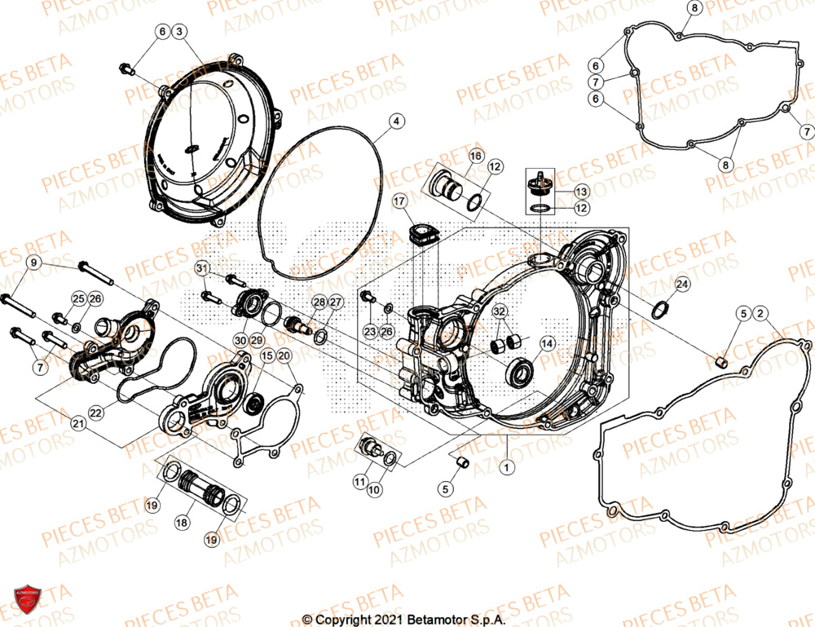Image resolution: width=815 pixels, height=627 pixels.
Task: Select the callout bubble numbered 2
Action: pyautogui.click(x=760, y=313)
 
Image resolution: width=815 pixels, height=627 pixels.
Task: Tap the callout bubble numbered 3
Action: pyautogui.click(x=180, y=31)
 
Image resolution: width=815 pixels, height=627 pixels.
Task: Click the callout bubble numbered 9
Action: pyautogui.click(x=33, y=263)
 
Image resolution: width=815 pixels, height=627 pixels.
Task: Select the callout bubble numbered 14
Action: pyautogui.click(x=548, y=344)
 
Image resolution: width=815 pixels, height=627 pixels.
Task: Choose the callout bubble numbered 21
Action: pyautogui.click(x=78, y=423)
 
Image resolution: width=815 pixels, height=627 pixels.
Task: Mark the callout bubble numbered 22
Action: pyautogui.click(x=96, y=413)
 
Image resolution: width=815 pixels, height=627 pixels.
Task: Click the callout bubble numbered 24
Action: pyautogui.click(x=682, y=284)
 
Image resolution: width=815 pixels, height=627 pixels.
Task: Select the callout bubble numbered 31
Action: pyautogui.click(x=202, y=268)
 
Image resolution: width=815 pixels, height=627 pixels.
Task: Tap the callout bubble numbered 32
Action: pyautogui.click(x=499, y=311)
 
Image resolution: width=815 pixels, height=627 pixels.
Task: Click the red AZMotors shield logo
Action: pyautogui.click(x=28, y=600)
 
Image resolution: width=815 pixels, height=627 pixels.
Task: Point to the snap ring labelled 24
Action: pyautogui.click(x=661, y=310)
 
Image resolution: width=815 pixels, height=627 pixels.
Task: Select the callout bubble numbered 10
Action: pyautogui.click(x=374, y=490)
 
